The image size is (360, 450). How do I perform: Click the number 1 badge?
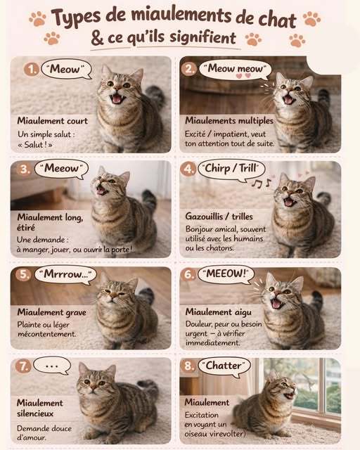(x=31, y=69)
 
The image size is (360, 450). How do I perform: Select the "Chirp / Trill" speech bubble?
(x=232, y=169)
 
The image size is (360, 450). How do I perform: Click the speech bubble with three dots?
(x=52, y=366)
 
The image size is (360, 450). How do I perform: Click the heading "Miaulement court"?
(x=53, y=121)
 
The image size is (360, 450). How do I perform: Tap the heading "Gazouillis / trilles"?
(x=219, y=217)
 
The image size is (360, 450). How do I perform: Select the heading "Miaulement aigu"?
(x=219, y=312)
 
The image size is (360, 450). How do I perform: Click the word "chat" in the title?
(x=277, y=20)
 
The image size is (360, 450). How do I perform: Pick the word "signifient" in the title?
(x=202, y=37)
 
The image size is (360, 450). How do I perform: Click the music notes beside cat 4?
(x=261, y=183)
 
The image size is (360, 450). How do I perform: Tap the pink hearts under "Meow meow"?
(x=243, y=76)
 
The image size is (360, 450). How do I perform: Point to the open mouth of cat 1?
(x=117, y=99)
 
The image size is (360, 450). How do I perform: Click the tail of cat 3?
(x=149, y=198)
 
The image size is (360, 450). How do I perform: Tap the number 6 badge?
(x=188, y=275)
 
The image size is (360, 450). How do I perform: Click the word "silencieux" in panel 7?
(x=35, y=413)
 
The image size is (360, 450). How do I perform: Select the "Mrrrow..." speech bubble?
(x=65, y=275)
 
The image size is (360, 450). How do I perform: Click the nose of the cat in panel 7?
(x=93, y=387)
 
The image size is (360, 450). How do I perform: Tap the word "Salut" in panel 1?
(x=34, y=144)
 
